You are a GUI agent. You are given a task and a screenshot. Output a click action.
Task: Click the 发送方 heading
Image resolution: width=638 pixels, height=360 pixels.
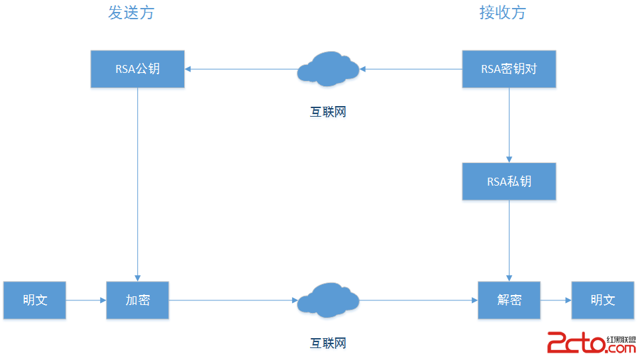point(131,13)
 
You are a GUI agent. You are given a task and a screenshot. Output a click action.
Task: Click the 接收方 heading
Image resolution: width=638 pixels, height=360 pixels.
point(502,13)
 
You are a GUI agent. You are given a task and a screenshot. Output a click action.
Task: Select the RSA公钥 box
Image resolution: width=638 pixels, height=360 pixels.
point(137,68)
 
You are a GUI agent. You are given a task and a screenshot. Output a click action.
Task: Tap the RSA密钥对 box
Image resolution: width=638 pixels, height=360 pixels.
point(509,68)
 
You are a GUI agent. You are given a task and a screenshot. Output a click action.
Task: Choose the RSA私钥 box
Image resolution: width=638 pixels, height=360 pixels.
point(509,181)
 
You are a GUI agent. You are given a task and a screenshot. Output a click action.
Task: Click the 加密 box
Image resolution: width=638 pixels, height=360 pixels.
point(137,300)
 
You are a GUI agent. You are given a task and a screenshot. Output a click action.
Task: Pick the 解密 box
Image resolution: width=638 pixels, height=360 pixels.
point(509,300)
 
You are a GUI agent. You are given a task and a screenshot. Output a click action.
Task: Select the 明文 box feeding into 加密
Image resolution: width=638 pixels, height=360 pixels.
point(34,300)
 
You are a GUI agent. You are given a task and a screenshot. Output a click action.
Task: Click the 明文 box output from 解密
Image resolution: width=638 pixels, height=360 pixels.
point(602,300)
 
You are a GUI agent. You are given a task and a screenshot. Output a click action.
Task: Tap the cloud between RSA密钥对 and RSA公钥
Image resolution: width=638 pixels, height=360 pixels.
point(328,68)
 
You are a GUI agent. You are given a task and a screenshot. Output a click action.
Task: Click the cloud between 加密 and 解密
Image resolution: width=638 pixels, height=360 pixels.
point(328,300)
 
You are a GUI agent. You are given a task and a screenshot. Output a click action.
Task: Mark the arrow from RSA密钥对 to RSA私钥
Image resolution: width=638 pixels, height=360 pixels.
point(509,125)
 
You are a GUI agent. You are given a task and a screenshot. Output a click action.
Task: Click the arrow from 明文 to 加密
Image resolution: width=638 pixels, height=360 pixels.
point(86,300)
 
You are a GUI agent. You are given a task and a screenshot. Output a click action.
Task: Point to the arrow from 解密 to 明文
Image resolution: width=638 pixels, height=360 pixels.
point(556,300)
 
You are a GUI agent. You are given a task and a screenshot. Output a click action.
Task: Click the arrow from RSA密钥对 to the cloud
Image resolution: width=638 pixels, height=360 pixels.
point(411,68)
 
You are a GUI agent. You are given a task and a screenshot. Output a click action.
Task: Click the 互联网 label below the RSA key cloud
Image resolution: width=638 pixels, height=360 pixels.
point(328,112)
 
